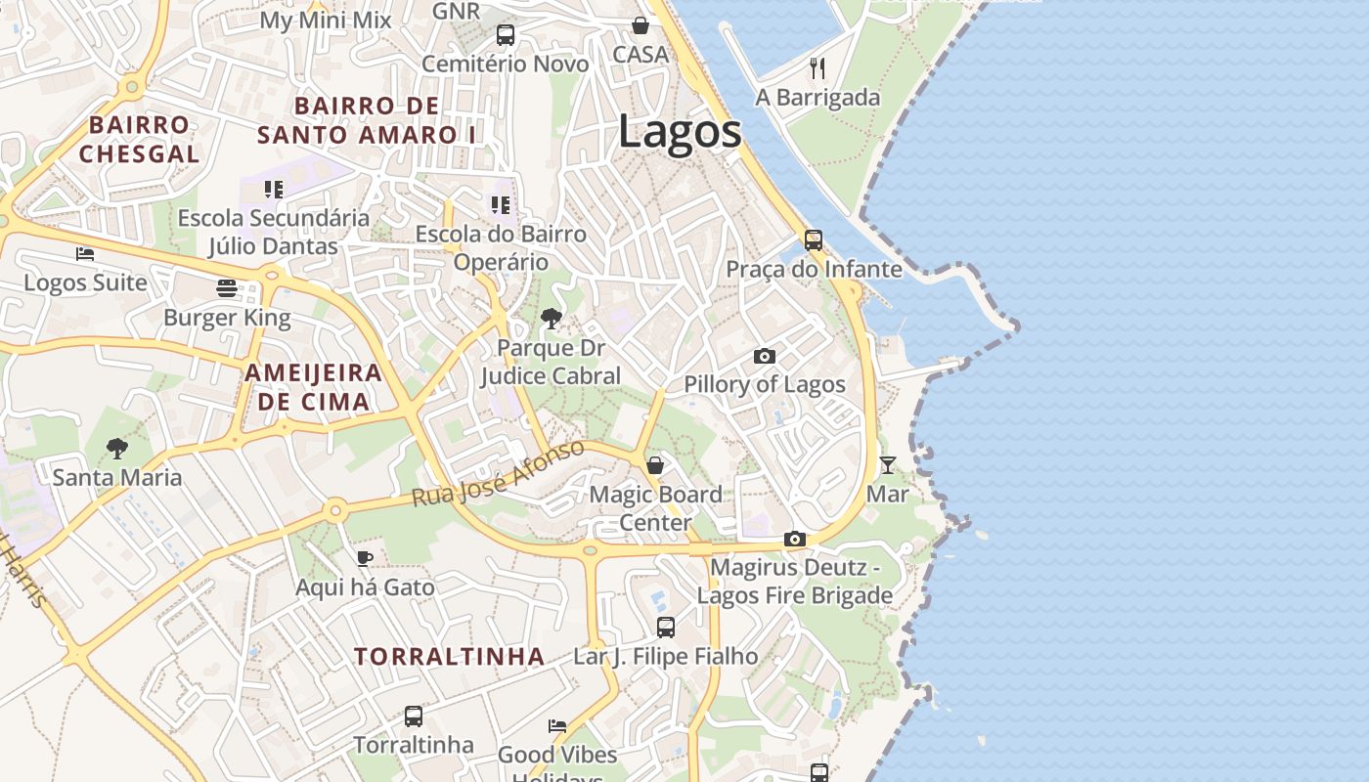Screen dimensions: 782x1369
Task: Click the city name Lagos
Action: [680, 133]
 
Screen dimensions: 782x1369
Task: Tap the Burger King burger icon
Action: [227, 288]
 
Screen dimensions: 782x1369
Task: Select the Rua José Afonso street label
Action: [498, 473]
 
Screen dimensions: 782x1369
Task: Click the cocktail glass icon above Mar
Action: [887, 465]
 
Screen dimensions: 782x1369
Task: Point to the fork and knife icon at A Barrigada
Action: [817, 67]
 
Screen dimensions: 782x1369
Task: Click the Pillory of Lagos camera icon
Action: [765, 356]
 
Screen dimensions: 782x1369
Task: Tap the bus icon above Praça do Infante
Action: [813, 239]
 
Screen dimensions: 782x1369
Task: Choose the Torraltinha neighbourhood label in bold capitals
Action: [449, 656]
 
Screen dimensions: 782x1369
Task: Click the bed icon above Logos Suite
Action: [85, 254]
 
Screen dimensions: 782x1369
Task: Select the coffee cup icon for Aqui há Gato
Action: [365, 558]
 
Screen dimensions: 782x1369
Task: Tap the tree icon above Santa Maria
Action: [117, 449]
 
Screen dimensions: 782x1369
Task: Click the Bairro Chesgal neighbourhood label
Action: [139, 139]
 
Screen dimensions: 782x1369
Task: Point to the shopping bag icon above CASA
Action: [640, 25]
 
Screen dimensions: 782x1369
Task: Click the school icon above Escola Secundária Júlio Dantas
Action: [274, 189]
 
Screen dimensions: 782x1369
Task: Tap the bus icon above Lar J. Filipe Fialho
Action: [666, 627]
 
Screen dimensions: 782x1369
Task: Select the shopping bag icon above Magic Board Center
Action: [655, 464]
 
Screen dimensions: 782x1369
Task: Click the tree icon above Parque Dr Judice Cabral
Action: [551, 319]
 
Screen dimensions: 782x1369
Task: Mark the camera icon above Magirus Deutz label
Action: [794, 539]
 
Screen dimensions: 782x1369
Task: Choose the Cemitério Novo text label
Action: [506, 65]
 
